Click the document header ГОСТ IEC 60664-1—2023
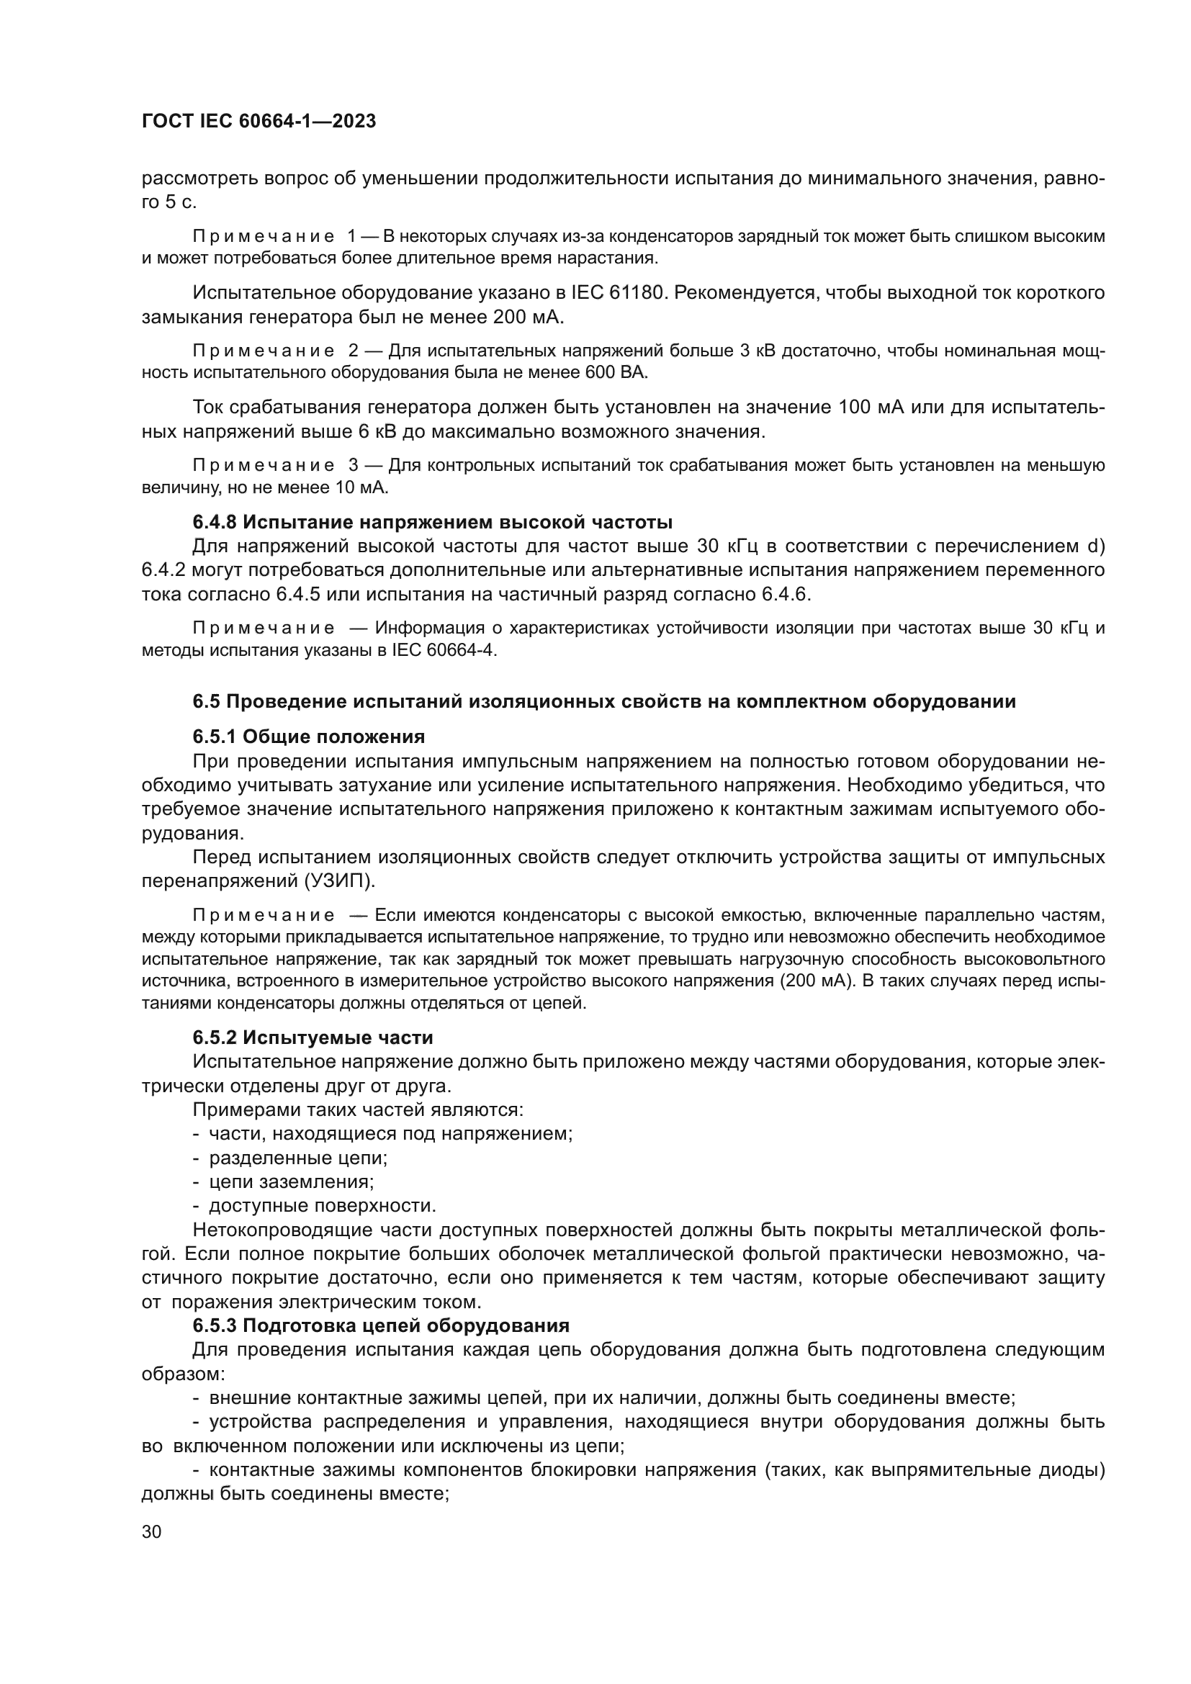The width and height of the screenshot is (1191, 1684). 259,122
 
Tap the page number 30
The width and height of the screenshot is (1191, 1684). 151,1532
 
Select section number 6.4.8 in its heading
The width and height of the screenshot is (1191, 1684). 215,522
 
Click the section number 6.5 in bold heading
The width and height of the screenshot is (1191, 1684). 206,702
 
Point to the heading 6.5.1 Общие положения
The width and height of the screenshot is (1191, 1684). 309,737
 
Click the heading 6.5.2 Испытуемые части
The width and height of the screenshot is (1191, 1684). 313,1038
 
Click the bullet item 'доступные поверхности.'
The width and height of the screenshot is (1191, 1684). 322,1206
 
